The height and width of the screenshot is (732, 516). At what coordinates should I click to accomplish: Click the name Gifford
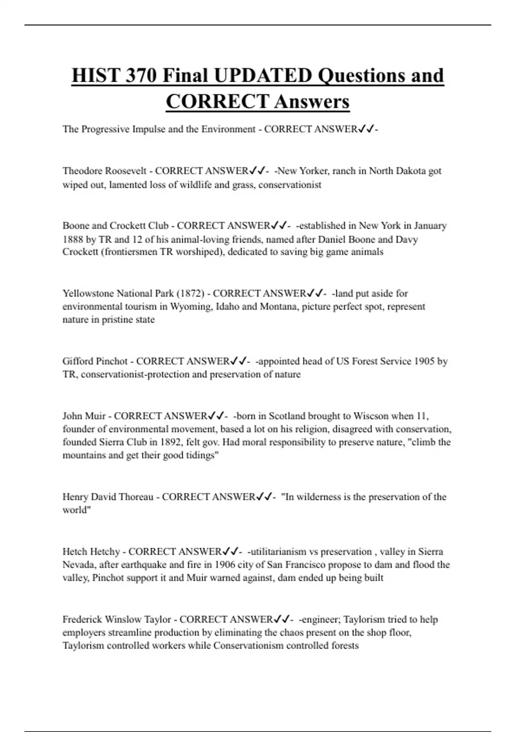point(78,361)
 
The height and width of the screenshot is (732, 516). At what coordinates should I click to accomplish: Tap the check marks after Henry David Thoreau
point(264,497)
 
